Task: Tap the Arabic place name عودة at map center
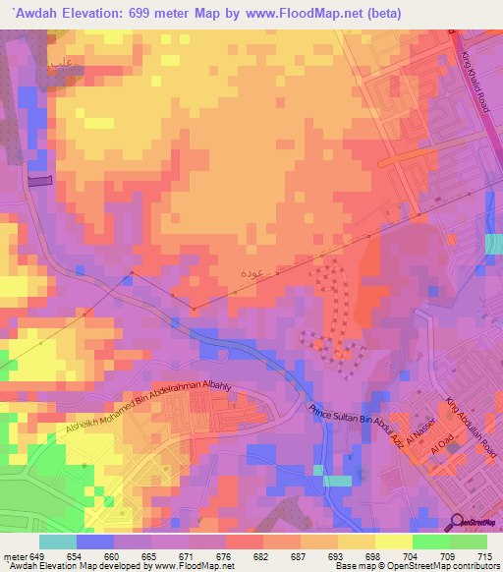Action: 251,271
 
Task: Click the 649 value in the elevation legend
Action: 38,555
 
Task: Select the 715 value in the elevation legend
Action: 486,555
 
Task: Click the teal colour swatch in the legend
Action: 57,542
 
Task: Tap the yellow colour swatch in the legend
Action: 393,542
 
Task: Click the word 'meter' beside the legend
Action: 15,555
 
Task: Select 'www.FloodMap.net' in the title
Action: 305,13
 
